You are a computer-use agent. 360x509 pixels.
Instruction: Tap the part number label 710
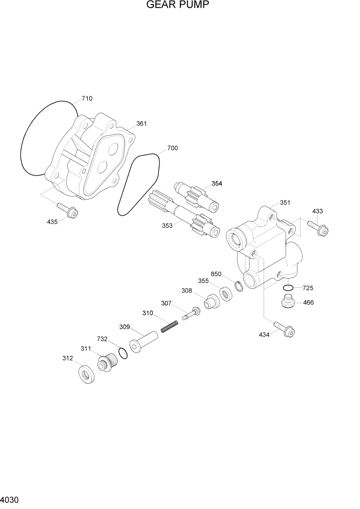87,98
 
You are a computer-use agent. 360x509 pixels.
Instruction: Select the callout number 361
141,124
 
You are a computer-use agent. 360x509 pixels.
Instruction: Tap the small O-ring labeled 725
288,288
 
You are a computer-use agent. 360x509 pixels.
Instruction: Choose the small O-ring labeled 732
123,353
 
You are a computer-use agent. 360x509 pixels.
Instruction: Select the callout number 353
167,224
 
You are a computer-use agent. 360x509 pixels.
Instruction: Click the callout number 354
217,183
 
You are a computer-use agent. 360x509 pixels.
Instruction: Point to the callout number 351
285,202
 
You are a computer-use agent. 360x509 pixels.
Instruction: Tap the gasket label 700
172,148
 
